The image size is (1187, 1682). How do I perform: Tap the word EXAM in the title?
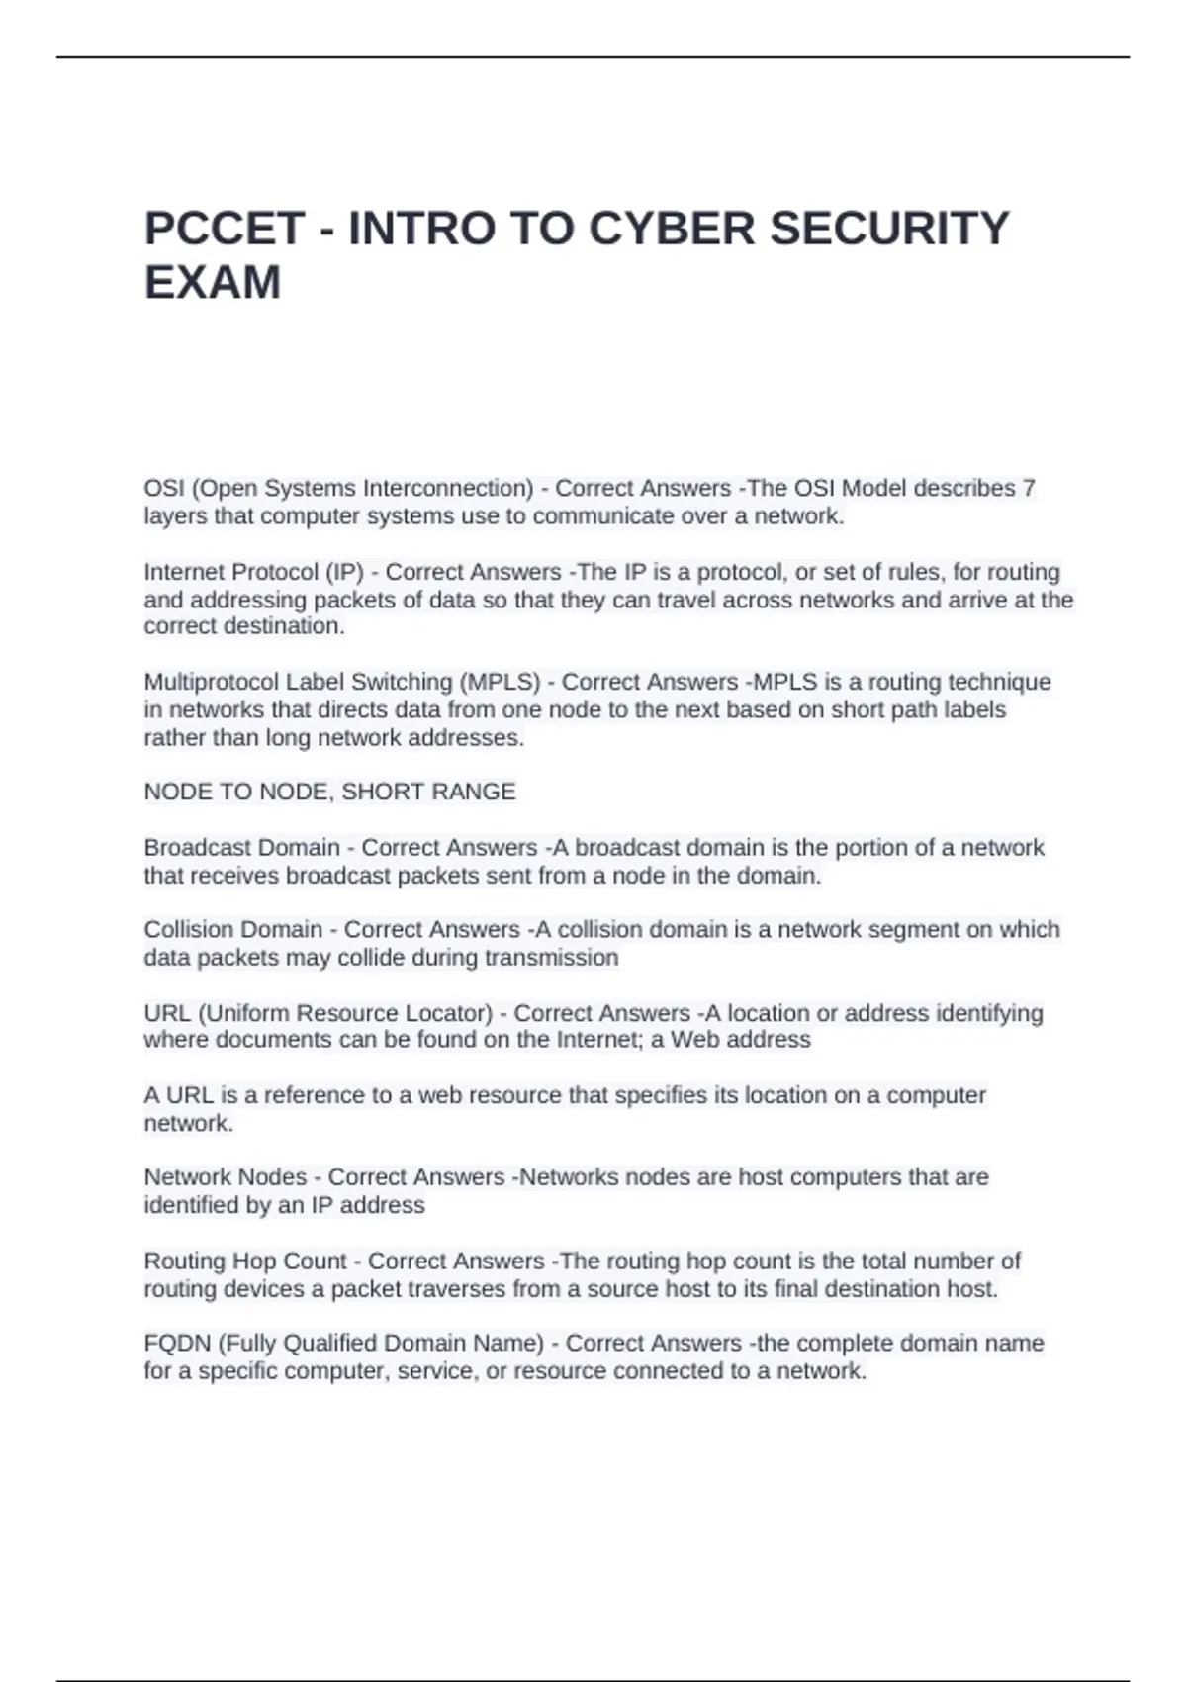pyautogui.click(x=213, y=283)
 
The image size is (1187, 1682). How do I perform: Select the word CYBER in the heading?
pyautogui.click(x=672, y=229)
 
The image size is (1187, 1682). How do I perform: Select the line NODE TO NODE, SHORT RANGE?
pyautogui.click(x=329, y=792)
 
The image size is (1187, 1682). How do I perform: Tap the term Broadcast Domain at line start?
pyautogui.click(x=241, y=848)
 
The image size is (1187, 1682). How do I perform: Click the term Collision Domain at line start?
pyautogui.click(x=233, y=930)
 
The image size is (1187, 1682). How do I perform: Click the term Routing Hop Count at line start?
pyautogui.click(x=245, y=1261)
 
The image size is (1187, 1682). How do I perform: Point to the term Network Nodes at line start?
pyautogui.click(x=226, y=1177)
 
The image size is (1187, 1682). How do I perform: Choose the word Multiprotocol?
pyautogui.click(x=212, y=682)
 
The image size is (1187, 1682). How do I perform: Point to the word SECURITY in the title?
pyautogui.click(x=889, y=229)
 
